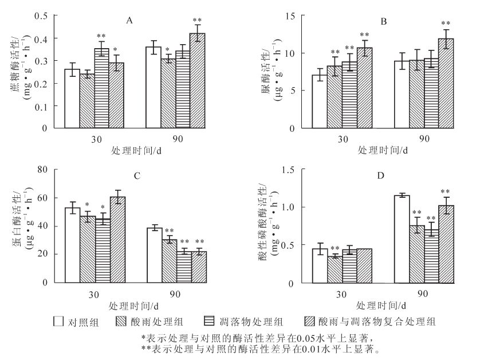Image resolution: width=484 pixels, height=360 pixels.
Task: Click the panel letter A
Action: [x=129, y=21]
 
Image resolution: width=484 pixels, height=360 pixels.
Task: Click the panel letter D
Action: [x=380, y=175]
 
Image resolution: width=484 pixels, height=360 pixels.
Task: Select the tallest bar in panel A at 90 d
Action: [x=197, y=81]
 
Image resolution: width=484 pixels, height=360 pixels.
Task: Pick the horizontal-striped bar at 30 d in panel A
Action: [x=101, y=88]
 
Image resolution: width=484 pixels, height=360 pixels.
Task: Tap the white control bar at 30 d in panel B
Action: [x=319, y=101]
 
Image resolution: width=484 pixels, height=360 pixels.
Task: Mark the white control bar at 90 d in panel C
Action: [x=154, y=255]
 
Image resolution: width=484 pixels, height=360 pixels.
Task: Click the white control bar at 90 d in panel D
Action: [x=402, y=239]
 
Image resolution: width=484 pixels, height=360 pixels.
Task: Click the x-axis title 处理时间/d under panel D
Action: [x=383, y=306]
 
